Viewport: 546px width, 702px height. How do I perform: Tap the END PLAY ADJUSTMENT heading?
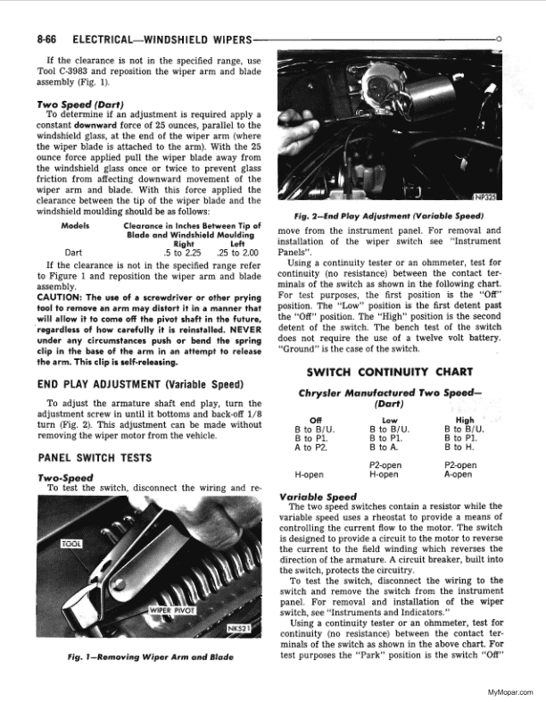coord(128,386)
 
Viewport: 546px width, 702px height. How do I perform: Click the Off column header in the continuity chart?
coord(315,420)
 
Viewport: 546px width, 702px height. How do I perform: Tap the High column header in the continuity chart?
coord(465,420)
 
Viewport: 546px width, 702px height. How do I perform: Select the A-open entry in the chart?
coord(463,475)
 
